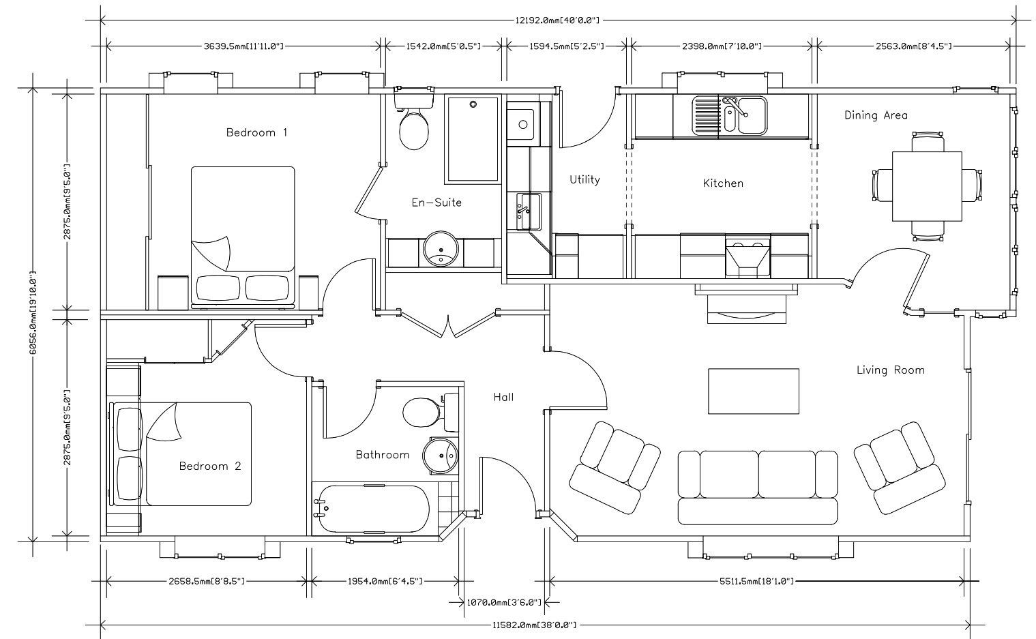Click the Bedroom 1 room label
tap(256, 133)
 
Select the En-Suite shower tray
tap(473, 138)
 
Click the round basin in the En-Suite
tap(441, 249)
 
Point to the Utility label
tap(584, 179)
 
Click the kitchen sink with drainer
tap(729, 116)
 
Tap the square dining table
tap(927, 186)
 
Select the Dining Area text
tap(876, 115)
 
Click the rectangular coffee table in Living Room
tap(754, 391)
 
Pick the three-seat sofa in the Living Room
tap(758, 488)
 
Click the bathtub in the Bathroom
tap(372, 509)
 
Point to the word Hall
tap(503, 397)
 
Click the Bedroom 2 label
tap(210, 466)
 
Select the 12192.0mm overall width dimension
tap(557, 20)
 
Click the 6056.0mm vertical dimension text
tap(33, 313)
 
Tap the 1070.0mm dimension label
tap(503, 602)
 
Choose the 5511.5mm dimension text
tap(756, 581)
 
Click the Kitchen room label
tap(723, 183)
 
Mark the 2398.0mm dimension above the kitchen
tap(722, 46)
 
